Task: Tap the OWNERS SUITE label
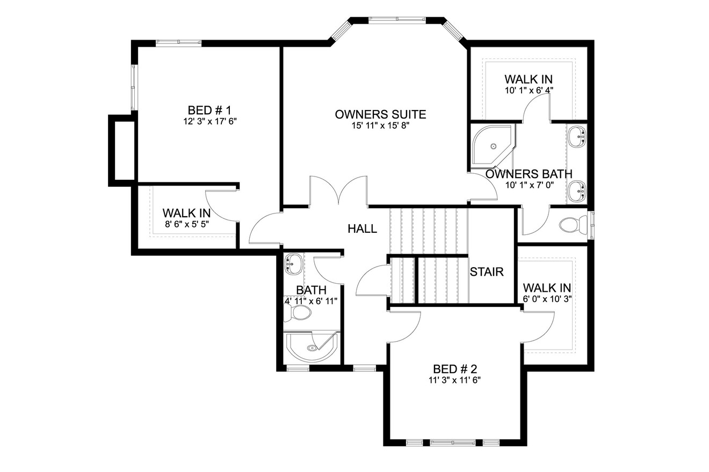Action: click(380, 114)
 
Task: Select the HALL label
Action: click(362, 229)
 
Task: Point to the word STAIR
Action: click(487, 272)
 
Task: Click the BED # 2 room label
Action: click(455, 369)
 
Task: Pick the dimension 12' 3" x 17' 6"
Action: click(209, 122)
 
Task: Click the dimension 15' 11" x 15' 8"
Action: click(380, 126)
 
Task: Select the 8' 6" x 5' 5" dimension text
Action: click(186, 223)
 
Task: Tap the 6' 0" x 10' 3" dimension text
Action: click(547, 299)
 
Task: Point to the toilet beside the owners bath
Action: click(571, 225)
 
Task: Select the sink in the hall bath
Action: click(293, 263)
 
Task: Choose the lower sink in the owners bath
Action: click(577, 190)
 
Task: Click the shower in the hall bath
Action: click(312, 348)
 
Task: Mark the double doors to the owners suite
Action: click(338, 191)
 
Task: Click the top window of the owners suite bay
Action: click(398, 20)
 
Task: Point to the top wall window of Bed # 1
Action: click(178, 42)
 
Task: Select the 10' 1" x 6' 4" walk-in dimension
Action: click(529, 91)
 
